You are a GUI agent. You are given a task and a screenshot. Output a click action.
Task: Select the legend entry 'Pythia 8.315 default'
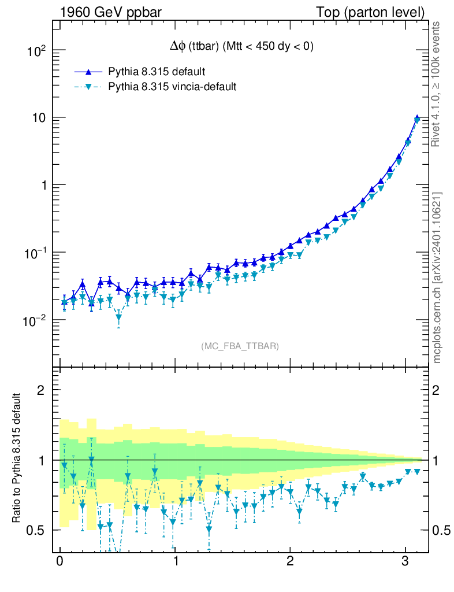(157, 72)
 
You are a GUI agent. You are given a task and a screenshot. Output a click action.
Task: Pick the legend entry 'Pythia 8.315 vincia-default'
(172, 87)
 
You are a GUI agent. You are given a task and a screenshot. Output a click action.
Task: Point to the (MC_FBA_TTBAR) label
(240, 346)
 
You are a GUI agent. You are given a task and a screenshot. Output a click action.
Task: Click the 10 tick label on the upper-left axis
(38, 118)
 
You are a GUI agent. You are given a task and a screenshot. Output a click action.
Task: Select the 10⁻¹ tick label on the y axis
(34, 253)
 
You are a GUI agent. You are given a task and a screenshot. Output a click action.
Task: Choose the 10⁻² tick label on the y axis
(34, 321)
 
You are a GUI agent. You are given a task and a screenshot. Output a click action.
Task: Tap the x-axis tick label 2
(290, 562)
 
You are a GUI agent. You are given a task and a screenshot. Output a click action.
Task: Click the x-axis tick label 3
(405, 562)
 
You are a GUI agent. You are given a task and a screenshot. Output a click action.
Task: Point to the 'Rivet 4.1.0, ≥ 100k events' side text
(437, 84)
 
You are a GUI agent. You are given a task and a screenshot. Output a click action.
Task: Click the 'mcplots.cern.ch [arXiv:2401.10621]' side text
(437, 277)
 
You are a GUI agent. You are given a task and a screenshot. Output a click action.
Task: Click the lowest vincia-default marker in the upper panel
(118, 317)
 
